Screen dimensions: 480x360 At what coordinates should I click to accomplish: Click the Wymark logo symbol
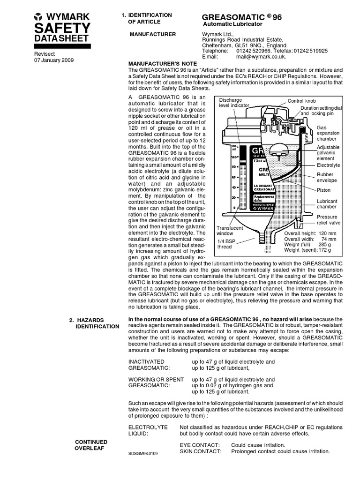(x=38, y=17)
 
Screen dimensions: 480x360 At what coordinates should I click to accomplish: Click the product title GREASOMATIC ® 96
(x=241, y=17)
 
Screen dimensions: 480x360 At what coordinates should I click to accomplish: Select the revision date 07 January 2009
(x=54, y=60)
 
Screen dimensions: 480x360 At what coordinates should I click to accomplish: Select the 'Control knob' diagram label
(x=301, y=101)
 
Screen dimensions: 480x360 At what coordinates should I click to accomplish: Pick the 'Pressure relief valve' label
(x=327, y=220)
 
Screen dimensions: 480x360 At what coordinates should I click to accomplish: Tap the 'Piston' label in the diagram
(x=323, y=190)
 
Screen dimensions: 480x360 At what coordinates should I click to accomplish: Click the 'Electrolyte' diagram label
(x=328, y=165)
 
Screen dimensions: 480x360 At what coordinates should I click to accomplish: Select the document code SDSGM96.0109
(x=143, y=454)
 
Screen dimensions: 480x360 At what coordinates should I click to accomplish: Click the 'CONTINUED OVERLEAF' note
(x=91, y=445)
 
